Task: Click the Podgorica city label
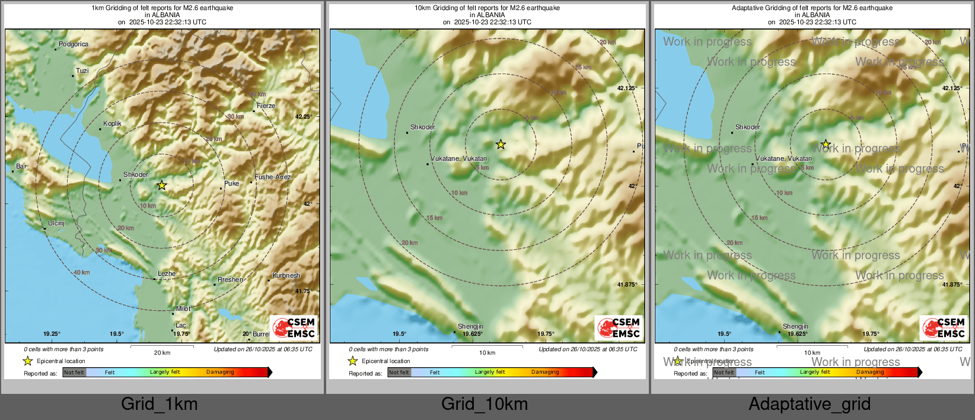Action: [73, 44]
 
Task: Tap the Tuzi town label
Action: [82, 71]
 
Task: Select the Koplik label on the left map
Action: [112, 124]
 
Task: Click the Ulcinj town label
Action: [56, 224]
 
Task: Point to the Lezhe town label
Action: [166, 274]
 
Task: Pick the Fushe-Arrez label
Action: [272, 177]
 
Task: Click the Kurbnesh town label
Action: [286, 276]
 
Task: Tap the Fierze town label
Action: [266, 106]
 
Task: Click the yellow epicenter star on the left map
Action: [162, 186]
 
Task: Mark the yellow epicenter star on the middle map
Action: [501, 144]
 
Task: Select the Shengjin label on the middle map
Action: [470, 327]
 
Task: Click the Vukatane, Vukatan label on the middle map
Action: [458, 159]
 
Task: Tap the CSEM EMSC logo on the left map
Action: [294, 327]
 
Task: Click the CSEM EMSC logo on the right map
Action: [944, 327]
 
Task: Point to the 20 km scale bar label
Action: [162, 353]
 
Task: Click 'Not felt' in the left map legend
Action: [74, 373]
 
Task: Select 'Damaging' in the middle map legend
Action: [545, 373]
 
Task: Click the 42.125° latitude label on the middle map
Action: [627, 88]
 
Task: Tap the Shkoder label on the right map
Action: [747, 128]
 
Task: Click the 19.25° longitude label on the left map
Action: [52, 334]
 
